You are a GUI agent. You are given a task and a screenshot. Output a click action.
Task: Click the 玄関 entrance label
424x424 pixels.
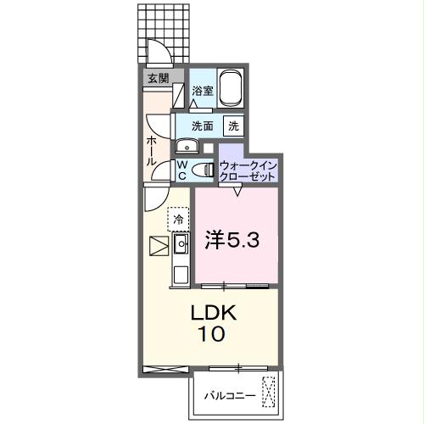[157, 78]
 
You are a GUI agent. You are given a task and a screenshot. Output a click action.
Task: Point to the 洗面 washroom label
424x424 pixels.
[202, 126]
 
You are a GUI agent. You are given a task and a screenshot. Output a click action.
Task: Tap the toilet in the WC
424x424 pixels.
[203, 170]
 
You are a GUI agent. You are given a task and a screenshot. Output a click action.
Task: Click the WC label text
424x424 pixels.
[182, 169]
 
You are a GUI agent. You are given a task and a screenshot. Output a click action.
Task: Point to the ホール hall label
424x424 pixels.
[150, 151]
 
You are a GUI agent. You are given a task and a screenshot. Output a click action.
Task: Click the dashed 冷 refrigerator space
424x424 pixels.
[179, 220]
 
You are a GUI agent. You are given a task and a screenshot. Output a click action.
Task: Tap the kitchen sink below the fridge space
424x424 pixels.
[181, 247]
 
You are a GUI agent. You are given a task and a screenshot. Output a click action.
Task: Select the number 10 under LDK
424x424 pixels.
[212, 334]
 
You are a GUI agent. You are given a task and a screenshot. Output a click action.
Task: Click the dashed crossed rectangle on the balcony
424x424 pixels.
[270, 392]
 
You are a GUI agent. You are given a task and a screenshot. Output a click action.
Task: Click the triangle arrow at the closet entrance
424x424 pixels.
[237, 192]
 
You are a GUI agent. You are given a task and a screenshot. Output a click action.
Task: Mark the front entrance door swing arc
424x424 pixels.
[157, 53]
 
